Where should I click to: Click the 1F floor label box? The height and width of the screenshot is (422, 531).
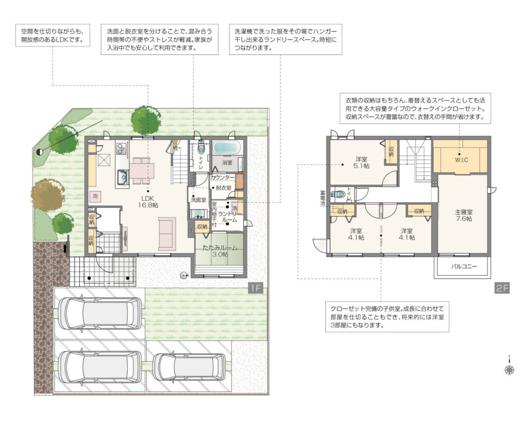point(256,288)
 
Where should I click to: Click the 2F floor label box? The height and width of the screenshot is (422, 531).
point(502,288)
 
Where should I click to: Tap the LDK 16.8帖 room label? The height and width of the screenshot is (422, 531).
point(148,202)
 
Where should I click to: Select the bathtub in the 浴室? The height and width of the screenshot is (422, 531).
point(227,148)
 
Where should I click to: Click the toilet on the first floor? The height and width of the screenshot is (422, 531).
point(201,147)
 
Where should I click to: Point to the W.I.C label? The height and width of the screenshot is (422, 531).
point(461,160)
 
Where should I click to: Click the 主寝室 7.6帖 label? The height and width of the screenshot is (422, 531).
point(464,215)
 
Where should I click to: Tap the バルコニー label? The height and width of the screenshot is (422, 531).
point(464,266)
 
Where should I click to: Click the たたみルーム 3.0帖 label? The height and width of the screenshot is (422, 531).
point(220,251)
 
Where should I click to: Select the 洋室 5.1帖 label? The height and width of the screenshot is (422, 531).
point(361,162)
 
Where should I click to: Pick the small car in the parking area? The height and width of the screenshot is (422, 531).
point(189,367)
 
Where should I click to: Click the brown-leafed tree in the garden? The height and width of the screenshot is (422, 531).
point(48,195)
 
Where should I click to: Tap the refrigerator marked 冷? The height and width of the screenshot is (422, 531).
point(95,196)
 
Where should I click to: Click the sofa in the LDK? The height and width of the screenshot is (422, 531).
point(167,234)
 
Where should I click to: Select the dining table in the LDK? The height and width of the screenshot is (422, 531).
point(142,171)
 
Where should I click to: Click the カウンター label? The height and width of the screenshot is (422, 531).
point(222,177)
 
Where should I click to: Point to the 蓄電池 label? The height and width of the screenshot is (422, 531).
point(323,198)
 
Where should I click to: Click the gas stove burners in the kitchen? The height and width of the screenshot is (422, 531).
point(121,149)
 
